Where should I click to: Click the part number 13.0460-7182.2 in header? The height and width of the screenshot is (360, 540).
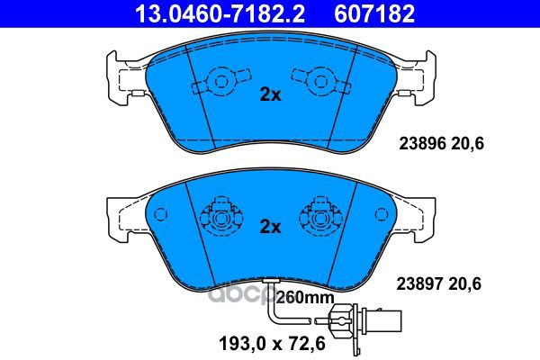220,13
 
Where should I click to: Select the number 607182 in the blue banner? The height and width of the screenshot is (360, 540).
374,13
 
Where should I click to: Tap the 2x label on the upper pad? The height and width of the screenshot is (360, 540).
270,94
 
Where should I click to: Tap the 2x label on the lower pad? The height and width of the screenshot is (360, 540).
270,227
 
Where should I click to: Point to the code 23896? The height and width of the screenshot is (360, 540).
423,143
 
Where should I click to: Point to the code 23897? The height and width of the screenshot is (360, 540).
420,284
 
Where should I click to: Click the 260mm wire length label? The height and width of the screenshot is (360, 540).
305,297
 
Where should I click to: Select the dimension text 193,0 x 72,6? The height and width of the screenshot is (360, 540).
272,344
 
